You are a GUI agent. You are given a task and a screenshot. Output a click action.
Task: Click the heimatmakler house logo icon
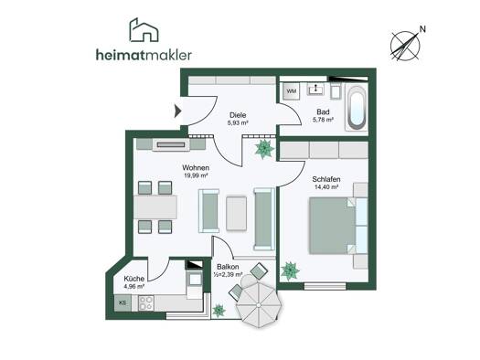pyautogui.click(x=144, y=29)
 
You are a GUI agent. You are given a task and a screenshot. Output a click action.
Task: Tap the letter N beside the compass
pyautogui.click(x=422, y=29)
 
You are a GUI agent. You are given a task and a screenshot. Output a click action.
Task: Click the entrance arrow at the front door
pyautogui.click(x=177, y=111)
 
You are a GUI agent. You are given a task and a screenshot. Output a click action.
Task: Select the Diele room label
pyautogui.click(x=238, y=115)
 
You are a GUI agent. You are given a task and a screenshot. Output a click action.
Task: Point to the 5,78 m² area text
pyautogui.click(x=323, y=120)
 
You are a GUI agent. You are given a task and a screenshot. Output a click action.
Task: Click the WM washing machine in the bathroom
pyautogui.click(x=292, y=91)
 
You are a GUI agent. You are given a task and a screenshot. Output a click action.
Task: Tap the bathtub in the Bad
pyautogui.click(x=357, y=107)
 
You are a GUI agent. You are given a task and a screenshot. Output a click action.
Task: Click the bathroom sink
pyautogui.click(x=315, y=89)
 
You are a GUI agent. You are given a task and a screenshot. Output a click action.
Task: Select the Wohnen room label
pyautogui.click(x=196, y=168)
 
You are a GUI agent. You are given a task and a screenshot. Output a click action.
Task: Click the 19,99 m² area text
pyautogui.click(x=196, y=175)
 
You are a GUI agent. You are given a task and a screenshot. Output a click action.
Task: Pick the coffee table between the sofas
pyautogui.click(x=236, y=213)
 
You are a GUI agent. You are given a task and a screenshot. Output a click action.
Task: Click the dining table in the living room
pyautogui.click(x=155, y=207)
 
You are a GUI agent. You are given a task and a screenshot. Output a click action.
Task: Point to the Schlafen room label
pyautogui.click(x=326, y=179)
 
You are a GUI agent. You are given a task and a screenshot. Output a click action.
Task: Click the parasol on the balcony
pyautogui.click(x=259, y=304)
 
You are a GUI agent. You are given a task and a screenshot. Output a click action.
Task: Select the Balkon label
pyautogui.click(x=228, y=267)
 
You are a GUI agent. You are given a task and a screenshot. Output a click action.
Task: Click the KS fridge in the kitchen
pyautogui.click(x=123, y=303)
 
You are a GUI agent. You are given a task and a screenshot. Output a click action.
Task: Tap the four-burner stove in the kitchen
pyautogui.click(x=146, y=303)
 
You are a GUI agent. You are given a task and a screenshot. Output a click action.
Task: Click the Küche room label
pyautogui.click(x=134, y=279)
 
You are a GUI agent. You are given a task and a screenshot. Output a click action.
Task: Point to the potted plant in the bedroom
pyautogui.click(x=290, y=271)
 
